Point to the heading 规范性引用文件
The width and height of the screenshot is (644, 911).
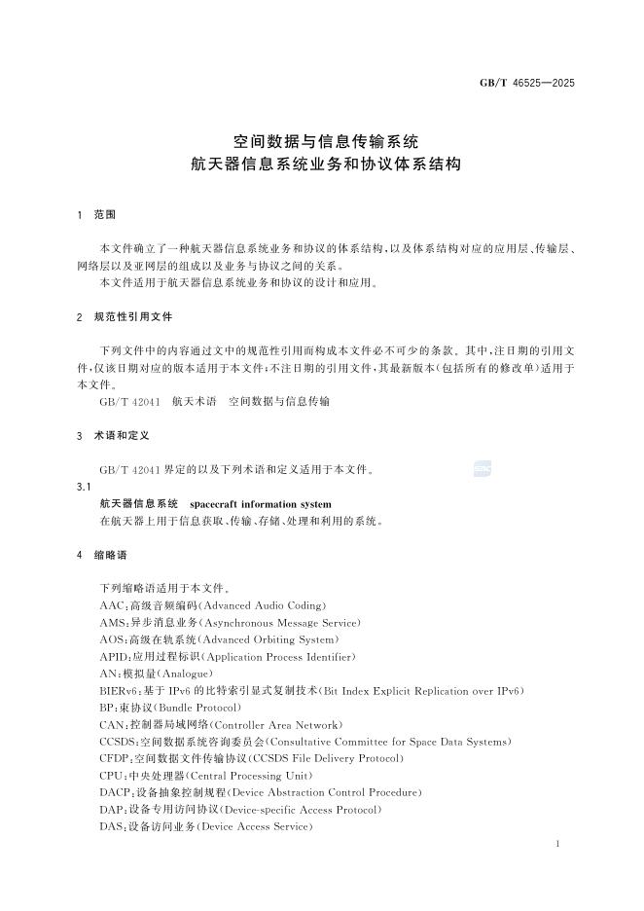[132, 317]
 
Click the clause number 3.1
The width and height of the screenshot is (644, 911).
[84, 487]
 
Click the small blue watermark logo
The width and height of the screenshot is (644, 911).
[482, 468]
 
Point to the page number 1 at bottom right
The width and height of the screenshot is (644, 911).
[557, 844]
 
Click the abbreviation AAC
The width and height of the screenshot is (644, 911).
[111, 605]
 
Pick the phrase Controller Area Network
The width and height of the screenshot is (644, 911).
[275, 725]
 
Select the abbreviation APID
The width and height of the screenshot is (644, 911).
[113, 656]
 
